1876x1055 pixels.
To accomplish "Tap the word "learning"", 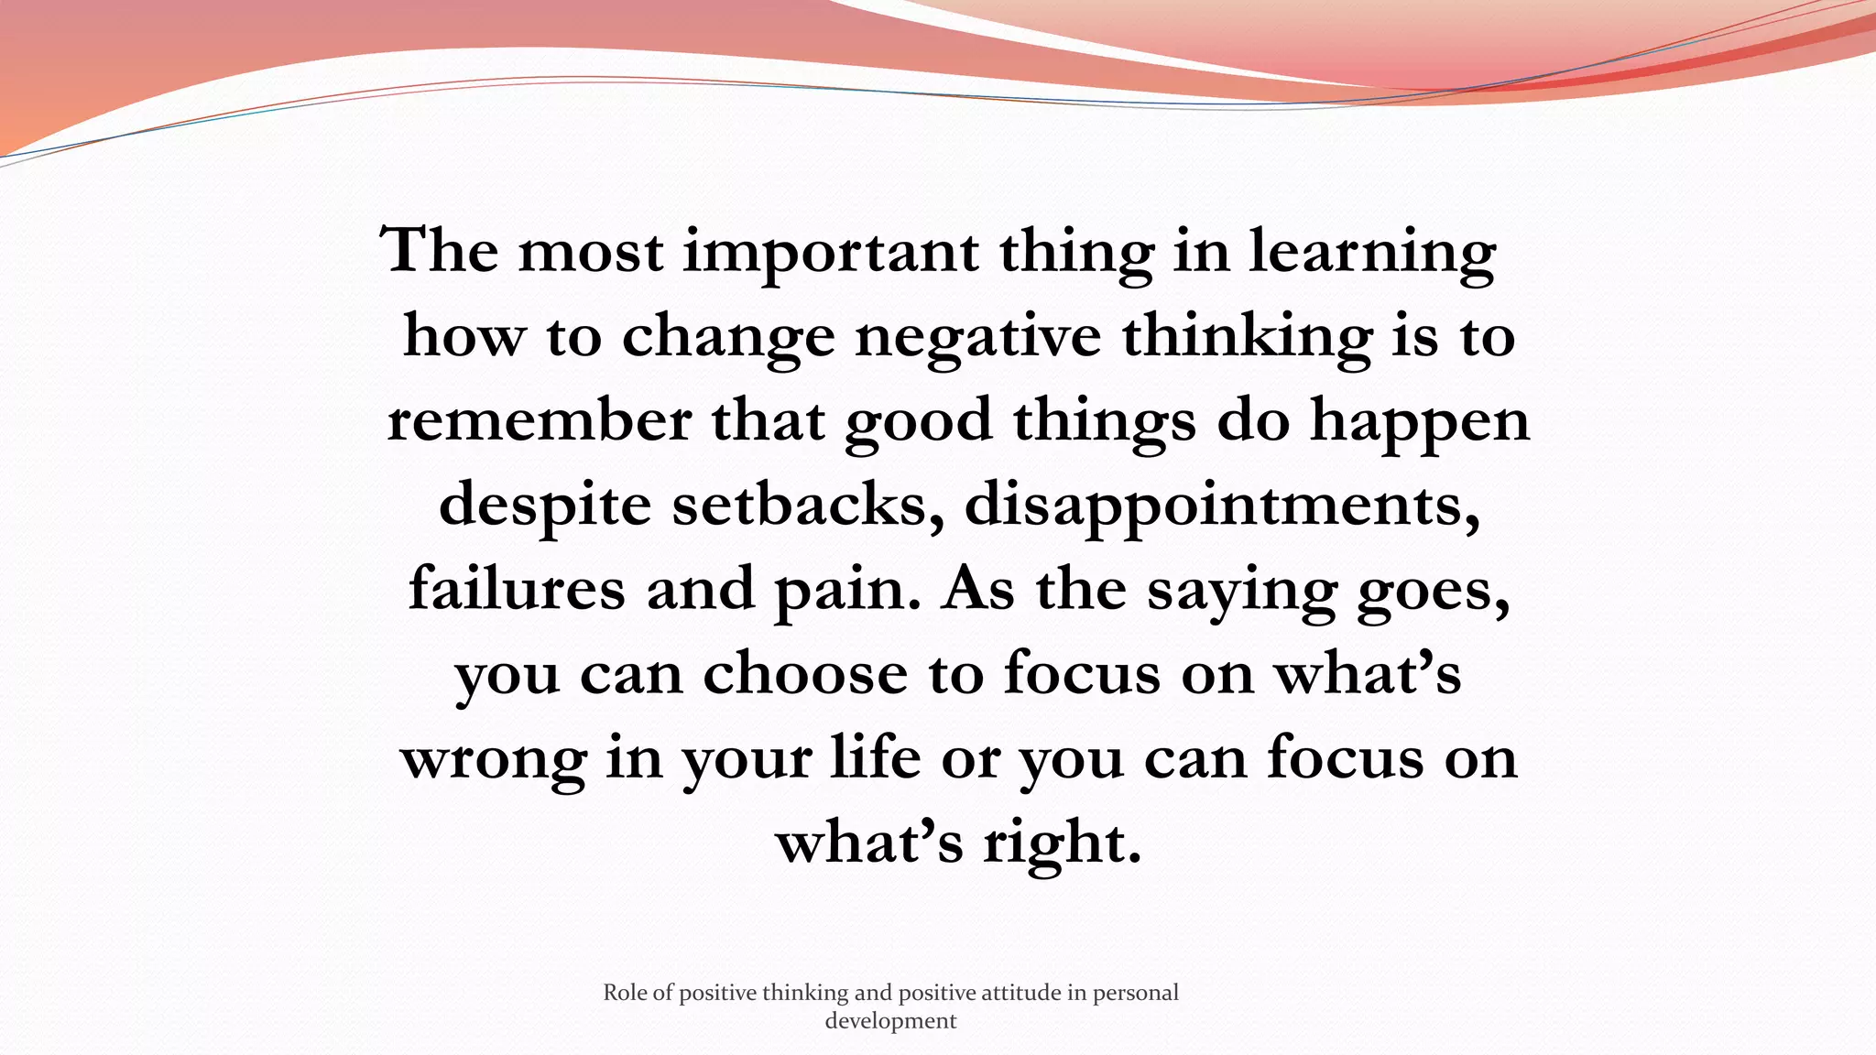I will tap(1372, 252).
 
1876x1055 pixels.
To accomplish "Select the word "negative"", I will tap(977, 337).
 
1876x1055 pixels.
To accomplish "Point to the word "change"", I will tap(728, 337).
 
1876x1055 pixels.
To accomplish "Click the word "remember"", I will tap(540, 421).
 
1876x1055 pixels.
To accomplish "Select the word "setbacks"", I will tap(808, 505).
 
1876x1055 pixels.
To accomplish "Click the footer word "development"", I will tap(890, 1020).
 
